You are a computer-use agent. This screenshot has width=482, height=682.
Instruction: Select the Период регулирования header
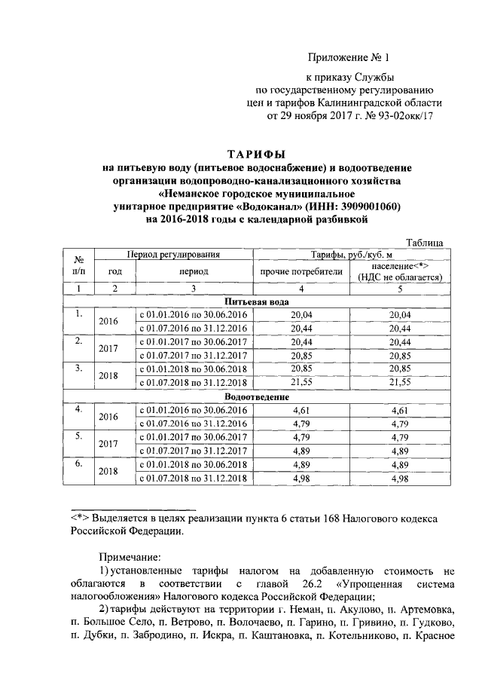click(172, 256)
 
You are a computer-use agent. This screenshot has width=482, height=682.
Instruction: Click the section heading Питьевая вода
click(258, 301)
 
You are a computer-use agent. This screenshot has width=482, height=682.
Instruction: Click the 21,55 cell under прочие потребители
click(300, 383)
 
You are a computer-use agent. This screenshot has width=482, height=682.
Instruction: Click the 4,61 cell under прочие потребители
click(300, 409)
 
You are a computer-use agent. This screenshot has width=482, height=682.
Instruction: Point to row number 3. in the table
click(78, 369)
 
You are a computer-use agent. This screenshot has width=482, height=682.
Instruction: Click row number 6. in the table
click(78, 463)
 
